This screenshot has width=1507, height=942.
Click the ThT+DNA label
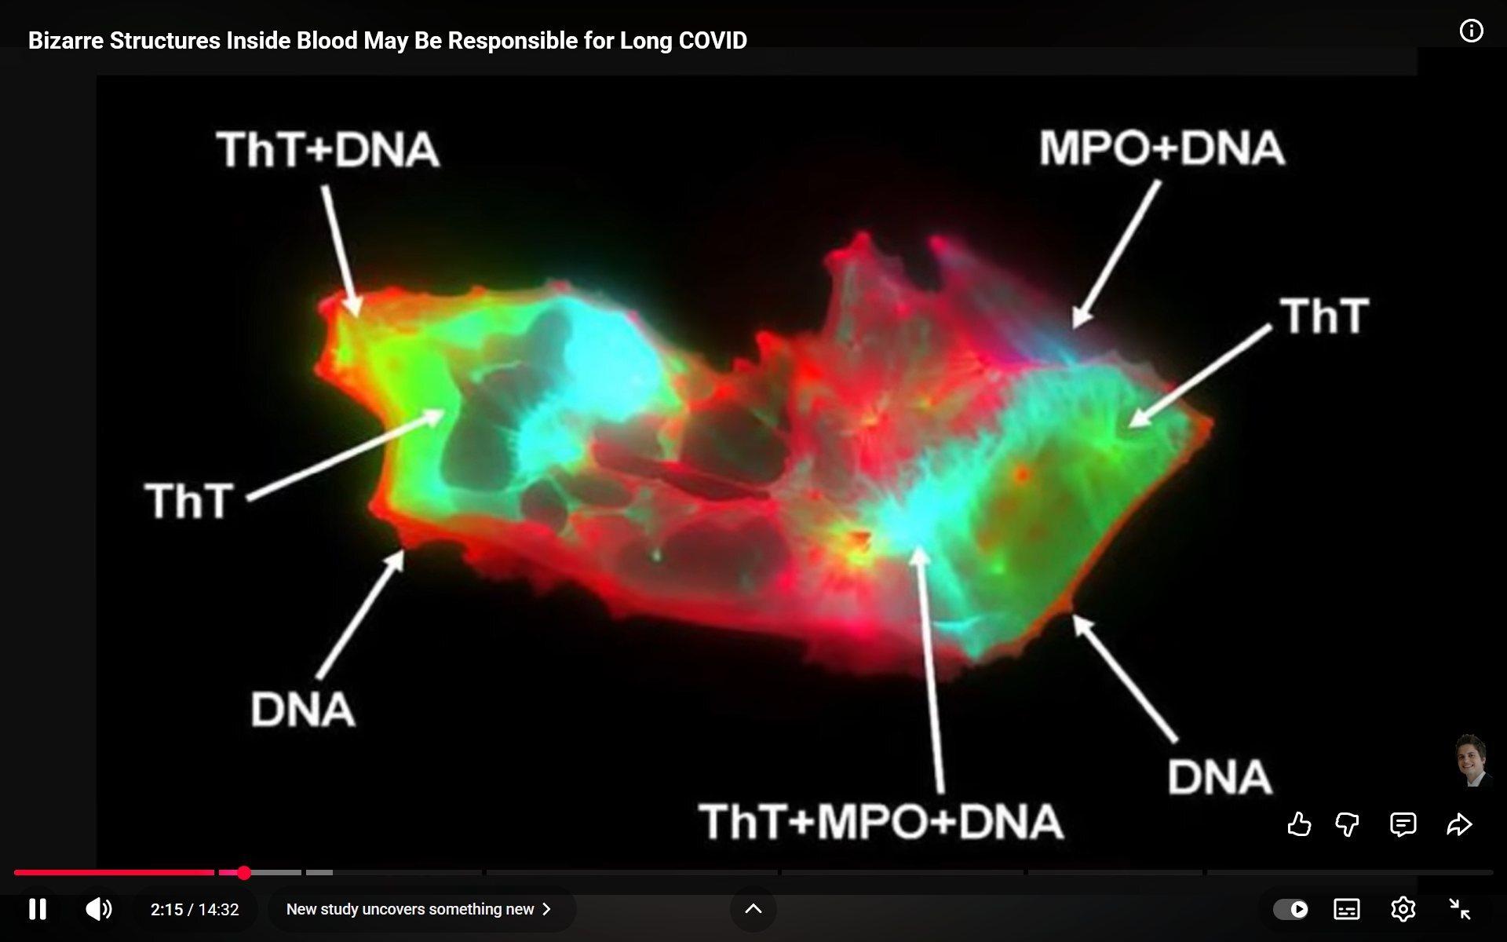click(x=328, y=150)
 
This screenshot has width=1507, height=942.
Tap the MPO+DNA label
click(x=1162, y=148)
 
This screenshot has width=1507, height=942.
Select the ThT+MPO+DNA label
click(x=881, y=821)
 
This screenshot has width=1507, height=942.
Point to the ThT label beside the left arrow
click(x=189, y=500)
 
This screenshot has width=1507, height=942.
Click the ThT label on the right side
click(x=1325, y=316)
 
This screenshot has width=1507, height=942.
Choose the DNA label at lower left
click(x=303, y=709)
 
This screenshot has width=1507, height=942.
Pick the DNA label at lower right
click(x=1220, y=776)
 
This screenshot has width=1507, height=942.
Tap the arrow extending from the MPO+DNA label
click(x=1116, y=254)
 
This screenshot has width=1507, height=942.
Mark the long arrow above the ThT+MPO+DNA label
click(x=931, y=670)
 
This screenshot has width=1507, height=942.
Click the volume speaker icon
click(x=99, y=909)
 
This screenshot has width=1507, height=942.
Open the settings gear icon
click(x=1403, y=909)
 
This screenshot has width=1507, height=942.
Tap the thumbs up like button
click(x=1299, y=824)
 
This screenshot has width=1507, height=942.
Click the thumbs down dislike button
click(x=1347, y=824)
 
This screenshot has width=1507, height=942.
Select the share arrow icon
click(x=1459, y=824)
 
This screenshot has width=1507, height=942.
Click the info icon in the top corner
click(x=1471, y=31)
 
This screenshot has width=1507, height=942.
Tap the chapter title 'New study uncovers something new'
click(x=410, y=909)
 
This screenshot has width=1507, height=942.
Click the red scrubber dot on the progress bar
click(x=244, y=872)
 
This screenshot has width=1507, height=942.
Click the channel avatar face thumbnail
click(x=1472, y=760)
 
